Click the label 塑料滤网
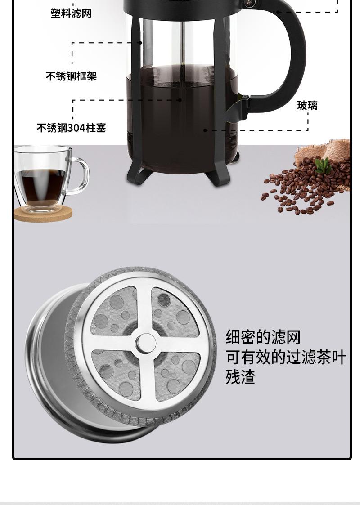(x=71, y=13)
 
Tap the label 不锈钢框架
(x=71, y=76)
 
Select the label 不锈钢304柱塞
(x=71, y=128)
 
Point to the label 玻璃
(x=307, y=105)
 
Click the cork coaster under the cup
(x=43, y=214)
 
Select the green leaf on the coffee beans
(x=323, y=165)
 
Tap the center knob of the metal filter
(x=146, y=343)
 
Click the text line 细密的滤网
(x=263, y=337)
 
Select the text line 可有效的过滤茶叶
(x=286, y=357)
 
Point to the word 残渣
(x=240, y=377)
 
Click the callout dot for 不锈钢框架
(x=140, y=43)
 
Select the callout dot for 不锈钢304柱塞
(x=180, y=100)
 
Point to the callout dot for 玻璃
(x=205, y=130)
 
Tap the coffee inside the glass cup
(x=42, y=185)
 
